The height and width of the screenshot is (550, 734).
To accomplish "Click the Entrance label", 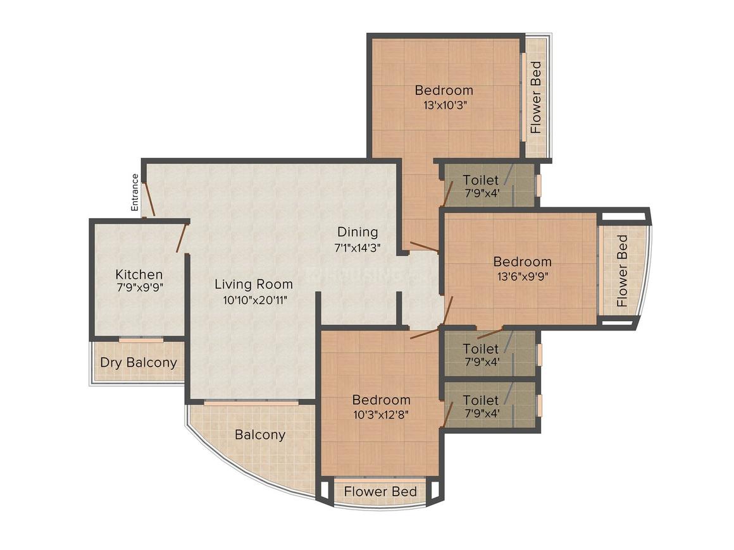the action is tap(135, 192).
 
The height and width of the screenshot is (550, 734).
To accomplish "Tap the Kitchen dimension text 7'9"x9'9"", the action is tap(139, 287).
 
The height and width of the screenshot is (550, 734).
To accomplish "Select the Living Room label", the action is tap(254, 284).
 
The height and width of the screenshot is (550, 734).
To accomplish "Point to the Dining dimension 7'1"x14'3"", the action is tap(357, 247).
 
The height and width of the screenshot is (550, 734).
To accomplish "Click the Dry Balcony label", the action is tap(139, 362).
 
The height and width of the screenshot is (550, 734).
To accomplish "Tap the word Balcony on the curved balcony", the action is tap(260, 435).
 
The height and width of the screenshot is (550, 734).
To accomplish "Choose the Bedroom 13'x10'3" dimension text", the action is tap(444, 105).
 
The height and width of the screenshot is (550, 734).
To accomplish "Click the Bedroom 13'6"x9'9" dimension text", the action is tap(523, 276).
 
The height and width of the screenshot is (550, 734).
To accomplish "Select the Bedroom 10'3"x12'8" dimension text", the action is tap(382, 414).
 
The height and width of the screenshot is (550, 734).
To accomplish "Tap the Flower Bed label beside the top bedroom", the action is tap(535, 97).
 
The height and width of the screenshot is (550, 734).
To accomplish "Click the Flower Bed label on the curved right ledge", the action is tap(622, 271).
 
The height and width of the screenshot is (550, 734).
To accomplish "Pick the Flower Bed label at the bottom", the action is tap(380, 492).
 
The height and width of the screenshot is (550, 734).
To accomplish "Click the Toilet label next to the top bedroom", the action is tap(481, 180).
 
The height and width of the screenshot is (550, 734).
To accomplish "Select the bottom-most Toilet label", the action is tap(481, 400).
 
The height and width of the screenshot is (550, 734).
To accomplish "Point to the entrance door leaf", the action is tap(149, 199).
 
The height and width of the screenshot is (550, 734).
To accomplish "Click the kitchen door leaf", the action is tap(182, 238).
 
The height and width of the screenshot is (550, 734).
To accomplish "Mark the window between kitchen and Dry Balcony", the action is tap(141, 339).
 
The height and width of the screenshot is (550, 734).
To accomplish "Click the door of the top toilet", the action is tap(447, 193).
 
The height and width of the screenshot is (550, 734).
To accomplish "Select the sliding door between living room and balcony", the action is tap(251, 402).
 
